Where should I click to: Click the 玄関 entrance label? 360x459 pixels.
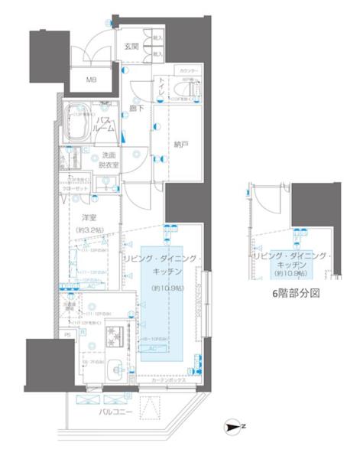point(131,47)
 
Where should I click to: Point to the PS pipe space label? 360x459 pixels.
point(67,334)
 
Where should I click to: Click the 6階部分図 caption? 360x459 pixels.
point(295,293)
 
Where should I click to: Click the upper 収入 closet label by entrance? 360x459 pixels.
point(157,37)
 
